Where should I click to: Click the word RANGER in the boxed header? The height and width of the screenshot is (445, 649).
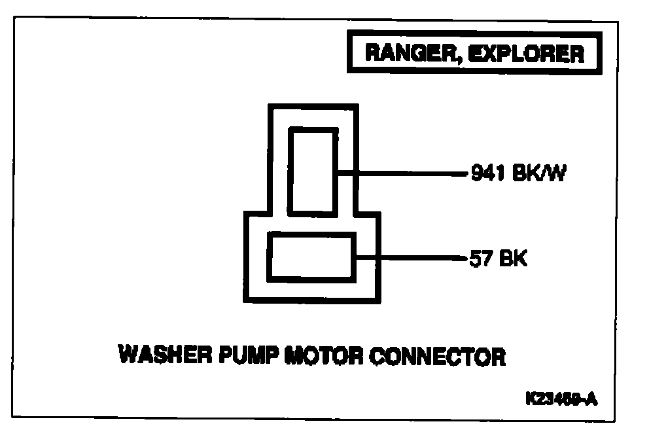[x=403, y=54]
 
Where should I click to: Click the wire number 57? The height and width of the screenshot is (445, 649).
[x=480, y=259]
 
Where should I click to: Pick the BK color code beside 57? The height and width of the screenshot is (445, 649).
[x=513, y=259]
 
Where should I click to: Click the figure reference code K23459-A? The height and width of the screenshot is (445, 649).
[x=560, y=399]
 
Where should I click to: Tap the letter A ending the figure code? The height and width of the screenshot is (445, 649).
[x=591, y=399]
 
